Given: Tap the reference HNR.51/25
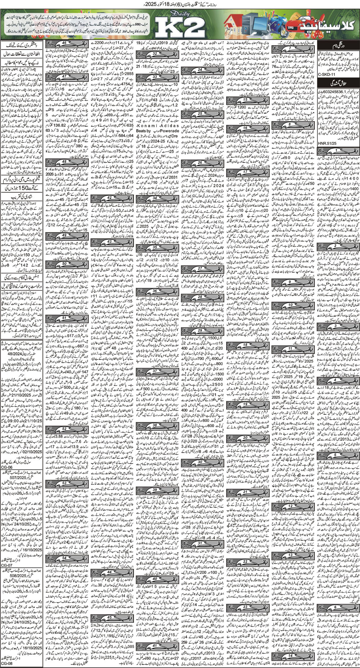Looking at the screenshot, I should [x=326, y=147].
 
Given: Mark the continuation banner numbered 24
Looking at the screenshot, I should [x=202, y=70].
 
